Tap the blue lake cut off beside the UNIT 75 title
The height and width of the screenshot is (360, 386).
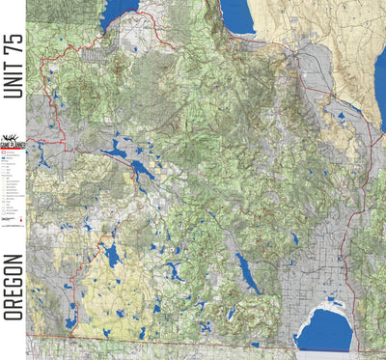119,12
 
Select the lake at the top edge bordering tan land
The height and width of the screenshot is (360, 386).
236,14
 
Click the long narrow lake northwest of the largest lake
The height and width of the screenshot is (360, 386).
247,273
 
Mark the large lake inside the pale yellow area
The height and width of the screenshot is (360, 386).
112,256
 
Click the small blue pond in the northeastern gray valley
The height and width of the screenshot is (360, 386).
342,118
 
